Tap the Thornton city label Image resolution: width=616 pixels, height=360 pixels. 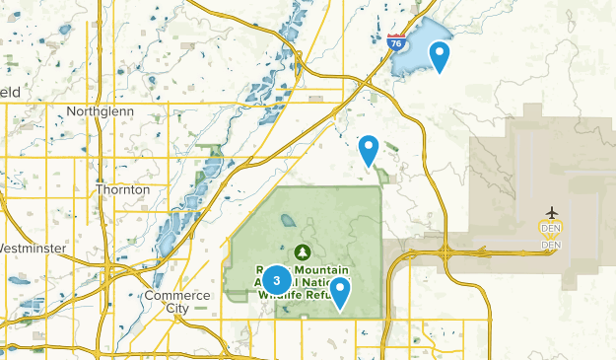(x=123, y=189)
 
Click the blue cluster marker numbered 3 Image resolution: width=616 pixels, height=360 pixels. (x=277, y=280)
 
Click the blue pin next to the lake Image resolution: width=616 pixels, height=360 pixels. (x=440, y=55)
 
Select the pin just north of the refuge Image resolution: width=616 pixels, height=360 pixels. (x=369, y=149)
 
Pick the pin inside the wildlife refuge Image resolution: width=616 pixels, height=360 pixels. (x=340, y=291)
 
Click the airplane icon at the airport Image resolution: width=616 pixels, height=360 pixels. (x=551, y=213)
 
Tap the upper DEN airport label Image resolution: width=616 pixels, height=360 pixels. (x=551, y=229)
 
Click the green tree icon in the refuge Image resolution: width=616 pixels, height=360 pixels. (x=303, y=251)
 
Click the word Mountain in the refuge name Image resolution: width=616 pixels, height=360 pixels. (x=313, y=267)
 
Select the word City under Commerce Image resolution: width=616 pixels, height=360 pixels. (x=177, y=309)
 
